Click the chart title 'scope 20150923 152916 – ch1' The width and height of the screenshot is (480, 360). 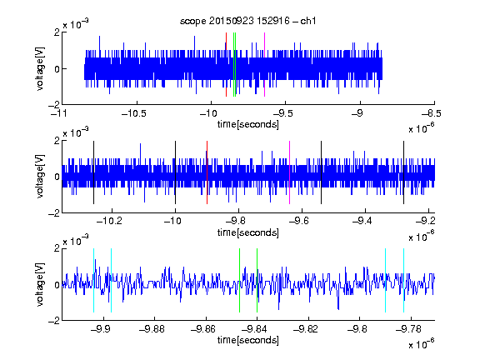[247, 21]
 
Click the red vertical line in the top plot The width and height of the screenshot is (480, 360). [226, 65]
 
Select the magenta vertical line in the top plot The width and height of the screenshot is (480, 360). [264, 65]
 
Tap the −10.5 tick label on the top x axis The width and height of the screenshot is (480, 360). [134, 113]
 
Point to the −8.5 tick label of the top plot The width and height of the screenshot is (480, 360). [432, 113]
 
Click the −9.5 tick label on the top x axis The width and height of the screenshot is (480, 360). [282, 113]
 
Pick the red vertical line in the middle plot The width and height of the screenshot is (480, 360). [207, 172]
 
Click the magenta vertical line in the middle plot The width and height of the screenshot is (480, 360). [290, 172]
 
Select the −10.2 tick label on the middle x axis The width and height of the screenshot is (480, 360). [109, 221]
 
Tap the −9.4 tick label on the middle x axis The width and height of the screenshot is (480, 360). [362, 221]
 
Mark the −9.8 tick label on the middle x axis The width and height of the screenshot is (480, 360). [235, 221]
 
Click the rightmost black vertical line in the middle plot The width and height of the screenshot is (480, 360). [404, 172]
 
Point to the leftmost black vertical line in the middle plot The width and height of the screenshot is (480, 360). [93, 172]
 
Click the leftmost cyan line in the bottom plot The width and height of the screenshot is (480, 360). [93, 280]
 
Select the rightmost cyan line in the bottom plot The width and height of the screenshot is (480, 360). [404, 280]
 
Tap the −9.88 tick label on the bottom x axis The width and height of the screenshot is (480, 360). [152, 329]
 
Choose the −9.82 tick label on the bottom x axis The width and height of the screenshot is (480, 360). [306, 329]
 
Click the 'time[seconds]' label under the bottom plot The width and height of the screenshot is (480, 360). [248, 340]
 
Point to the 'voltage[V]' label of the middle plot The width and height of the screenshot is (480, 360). [40, 177]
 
